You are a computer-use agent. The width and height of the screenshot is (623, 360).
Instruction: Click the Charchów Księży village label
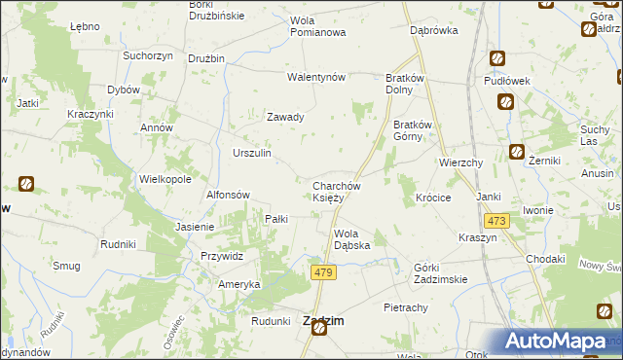[x=337, y=192]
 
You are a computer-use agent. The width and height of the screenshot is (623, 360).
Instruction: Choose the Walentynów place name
[x=316, y=77]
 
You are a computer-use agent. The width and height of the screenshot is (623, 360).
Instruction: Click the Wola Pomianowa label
[x=318, y=26]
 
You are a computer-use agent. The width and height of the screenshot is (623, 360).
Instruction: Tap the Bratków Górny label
[x=418, y=130]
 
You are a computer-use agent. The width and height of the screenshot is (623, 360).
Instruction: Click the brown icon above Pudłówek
[x=497, y=58]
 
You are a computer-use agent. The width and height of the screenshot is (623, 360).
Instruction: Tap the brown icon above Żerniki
[x=517, y=152]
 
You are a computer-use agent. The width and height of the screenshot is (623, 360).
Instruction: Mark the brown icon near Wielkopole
[x=26, y=182]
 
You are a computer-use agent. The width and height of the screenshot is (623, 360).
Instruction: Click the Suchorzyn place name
[x=148, y=55]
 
